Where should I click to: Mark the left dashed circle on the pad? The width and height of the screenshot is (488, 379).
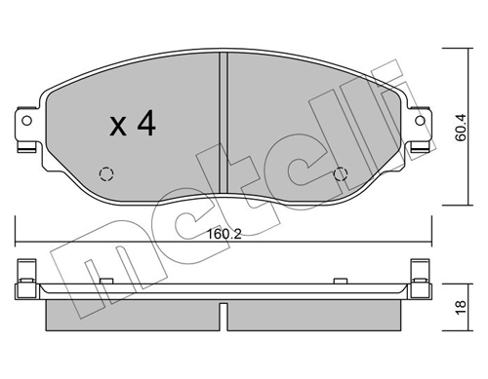(x=106, y=175)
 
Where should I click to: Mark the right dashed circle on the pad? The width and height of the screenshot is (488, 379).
(x=341, y=175)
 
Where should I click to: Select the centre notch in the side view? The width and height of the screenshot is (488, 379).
(x=224, y=314)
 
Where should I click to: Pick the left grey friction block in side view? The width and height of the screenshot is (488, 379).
(x=132, y=313)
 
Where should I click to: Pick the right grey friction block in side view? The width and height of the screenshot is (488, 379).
(x=314, y=313)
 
